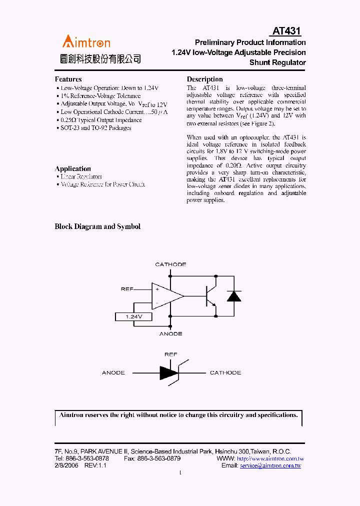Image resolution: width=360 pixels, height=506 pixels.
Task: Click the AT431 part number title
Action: [286, 31]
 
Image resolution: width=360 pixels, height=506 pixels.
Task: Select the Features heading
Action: [68, 79]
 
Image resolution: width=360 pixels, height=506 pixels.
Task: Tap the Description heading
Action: [204, 79]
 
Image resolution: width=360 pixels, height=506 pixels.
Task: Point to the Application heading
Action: [72, 168]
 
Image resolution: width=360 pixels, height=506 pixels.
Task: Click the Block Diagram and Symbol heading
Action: [97, 226]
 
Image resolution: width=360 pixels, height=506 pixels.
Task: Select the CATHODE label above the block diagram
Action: [170, 264]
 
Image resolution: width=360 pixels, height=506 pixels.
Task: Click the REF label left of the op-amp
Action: [127, 289]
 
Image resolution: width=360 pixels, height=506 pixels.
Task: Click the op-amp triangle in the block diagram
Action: [166, 296]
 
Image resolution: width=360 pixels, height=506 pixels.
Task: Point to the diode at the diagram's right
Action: [233, 295]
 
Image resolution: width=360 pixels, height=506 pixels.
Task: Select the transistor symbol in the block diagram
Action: [210, 295]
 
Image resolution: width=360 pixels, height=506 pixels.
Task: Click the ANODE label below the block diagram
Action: [170, 333]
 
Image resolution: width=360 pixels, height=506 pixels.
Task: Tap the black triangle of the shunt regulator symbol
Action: [168, 373]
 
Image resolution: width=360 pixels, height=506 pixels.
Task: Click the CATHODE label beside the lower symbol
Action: [225, 373]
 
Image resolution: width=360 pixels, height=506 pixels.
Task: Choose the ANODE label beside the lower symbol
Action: [113, 373]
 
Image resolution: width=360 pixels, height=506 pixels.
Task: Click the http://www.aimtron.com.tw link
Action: [270, 458]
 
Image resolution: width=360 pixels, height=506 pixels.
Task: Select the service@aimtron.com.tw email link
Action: [270, 465]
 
